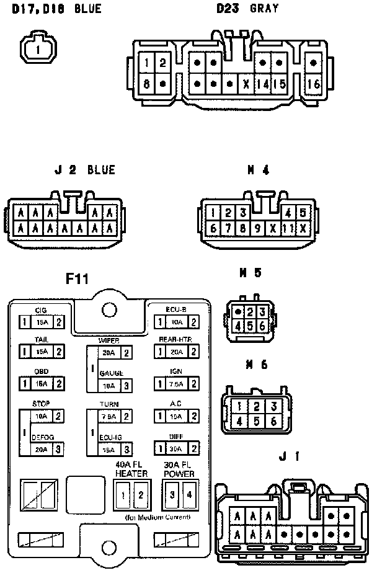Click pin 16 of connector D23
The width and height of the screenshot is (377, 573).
[x=313, y=84]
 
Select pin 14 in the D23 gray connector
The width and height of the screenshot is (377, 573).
[x=263, y=84]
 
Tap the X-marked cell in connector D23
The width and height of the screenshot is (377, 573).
[x=246, y=84]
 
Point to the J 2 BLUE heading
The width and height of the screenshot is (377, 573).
[x=84, y=170]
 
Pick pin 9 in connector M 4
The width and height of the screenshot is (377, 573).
[x=257, y=228]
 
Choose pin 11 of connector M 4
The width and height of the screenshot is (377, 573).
[x=287, y=228]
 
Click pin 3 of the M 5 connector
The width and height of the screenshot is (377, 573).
[x=262, y=312]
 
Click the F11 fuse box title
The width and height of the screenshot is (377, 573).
[x=78, y=279]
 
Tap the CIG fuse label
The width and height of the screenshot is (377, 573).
[x=41, y=310]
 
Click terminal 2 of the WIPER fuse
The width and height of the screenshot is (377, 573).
[x=126, y=353]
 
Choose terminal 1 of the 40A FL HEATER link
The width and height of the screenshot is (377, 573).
[x=124, y=495]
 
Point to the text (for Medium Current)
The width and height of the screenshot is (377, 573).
[x=157, y=517]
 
